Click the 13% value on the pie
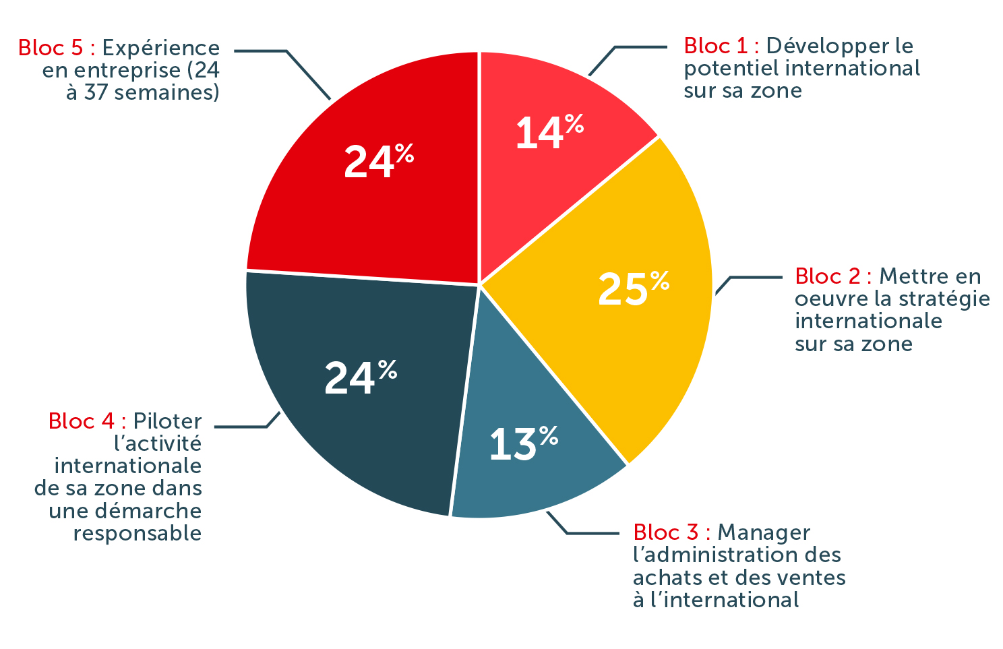523,443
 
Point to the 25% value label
632,288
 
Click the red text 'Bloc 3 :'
671,532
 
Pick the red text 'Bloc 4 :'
87,421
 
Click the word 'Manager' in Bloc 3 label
763,532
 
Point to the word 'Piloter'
167,421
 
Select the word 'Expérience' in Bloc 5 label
160,48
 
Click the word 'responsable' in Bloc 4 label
138,533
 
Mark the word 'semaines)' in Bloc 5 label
166,92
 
